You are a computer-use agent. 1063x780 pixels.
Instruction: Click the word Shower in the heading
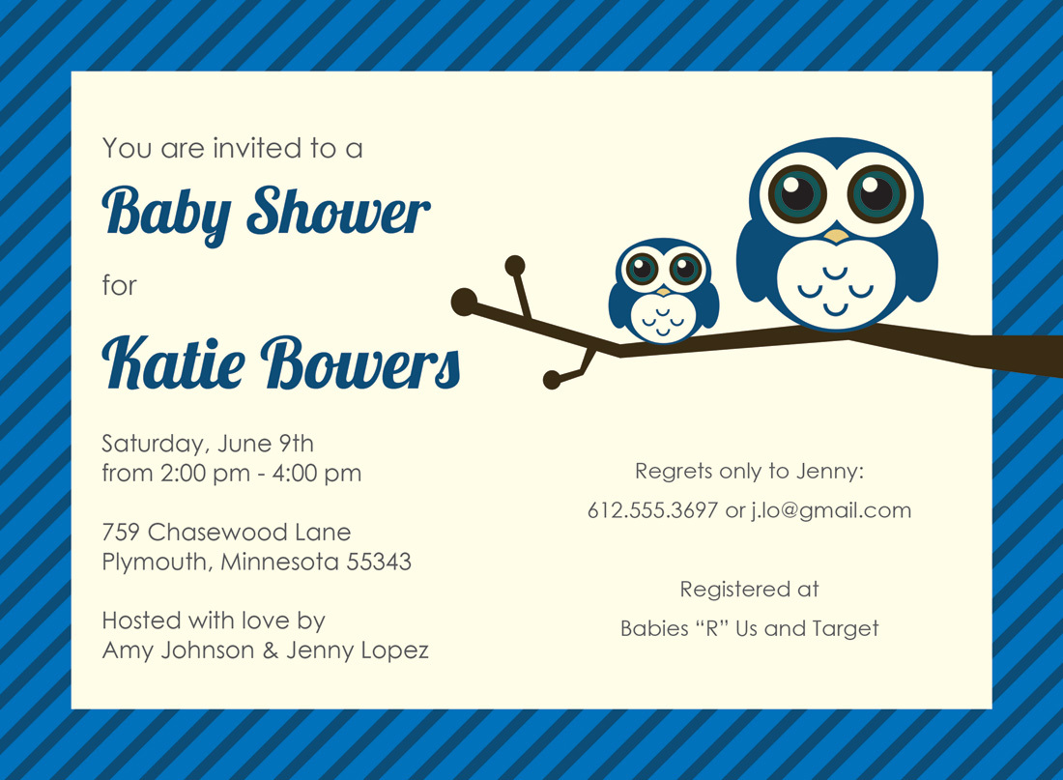tap(338, 211)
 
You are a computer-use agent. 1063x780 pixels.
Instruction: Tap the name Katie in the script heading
tap(174, 362)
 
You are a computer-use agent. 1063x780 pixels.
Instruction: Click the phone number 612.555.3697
tap(652, 510)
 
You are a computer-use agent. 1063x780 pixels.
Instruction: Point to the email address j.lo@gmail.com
tap(831, 511)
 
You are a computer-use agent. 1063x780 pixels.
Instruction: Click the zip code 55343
tap(379, 562)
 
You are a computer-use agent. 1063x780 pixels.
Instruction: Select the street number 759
tap(122, 532)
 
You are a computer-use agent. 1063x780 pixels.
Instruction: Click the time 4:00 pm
tap(317, 474)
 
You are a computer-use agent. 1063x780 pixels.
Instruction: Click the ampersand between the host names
tap(271, 650)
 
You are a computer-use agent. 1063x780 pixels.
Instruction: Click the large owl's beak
tap(836, 236)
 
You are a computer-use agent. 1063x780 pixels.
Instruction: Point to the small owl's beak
tap(663, 291)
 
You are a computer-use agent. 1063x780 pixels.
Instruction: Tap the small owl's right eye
tap(685, 269)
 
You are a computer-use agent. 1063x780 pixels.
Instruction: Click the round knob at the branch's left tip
tap(465, 302)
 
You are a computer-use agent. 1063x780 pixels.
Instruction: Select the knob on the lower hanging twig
tap(552, 380)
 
